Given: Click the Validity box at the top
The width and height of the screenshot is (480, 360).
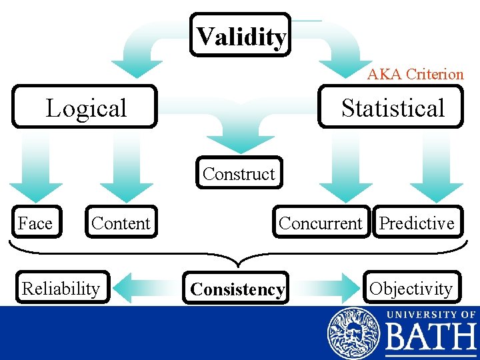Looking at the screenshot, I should point(241,35).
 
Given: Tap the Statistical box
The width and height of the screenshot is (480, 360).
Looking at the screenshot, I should point(391,107).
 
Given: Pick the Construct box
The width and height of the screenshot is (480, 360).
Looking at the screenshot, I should point(239,173).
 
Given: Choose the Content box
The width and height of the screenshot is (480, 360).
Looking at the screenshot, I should point(121,223).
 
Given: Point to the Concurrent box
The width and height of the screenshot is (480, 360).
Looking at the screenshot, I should point(321,223).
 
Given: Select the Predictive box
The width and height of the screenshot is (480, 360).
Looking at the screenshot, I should point(416,223).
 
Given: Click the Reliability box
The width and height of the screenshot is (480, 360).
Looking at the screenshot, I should point(61,288).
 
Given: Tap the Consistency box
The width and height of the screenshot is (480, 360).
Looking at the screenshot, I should point(237,289).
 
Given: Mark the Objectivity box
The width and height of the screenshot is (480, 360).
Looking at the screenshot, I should point(411,288).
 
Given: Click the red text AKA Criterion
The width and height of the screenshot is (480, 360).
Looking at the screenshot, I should point(415,74).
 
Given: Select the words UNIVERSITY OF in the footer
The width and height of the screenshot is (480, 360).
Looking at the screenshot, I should point(431,313).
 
